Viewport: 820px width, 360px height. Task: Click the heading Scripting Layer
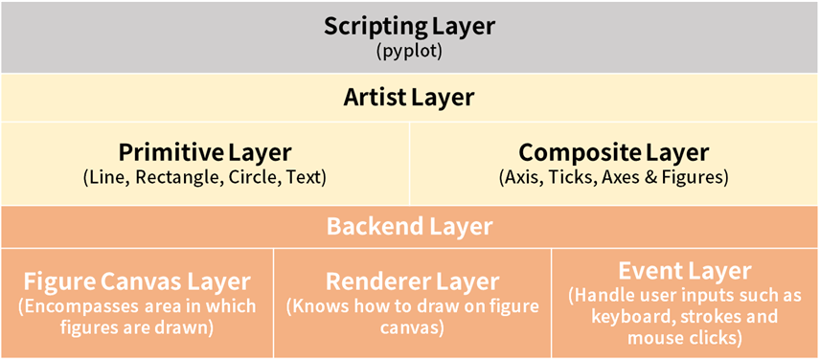click(409, 27)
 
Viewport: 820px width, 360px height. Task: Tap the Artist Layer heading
click(409, 98)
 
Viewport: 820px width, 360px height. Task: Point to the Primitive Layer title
click(204, 152)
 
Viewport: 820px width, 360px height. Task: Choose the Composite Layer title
click(614, 152)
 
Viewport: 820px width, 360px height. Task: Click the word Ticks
click(577, 178)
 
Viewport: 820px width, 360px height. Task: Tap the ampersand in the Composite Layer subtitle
click(648, 178)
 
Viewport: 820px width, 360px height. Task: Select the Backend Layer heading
click(409, 227)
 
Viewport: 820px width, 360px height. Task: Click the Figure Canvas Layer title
click(137, 282)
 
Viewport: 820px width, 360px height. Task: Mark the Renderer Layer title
click(413, 281)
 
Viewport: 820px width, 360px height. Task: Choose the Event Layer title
click(685, 271)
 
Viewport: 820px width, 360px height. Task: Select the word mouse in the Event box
click(653, 338)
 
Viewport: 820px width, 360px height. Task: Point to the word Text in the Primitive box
click(305, 178)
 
